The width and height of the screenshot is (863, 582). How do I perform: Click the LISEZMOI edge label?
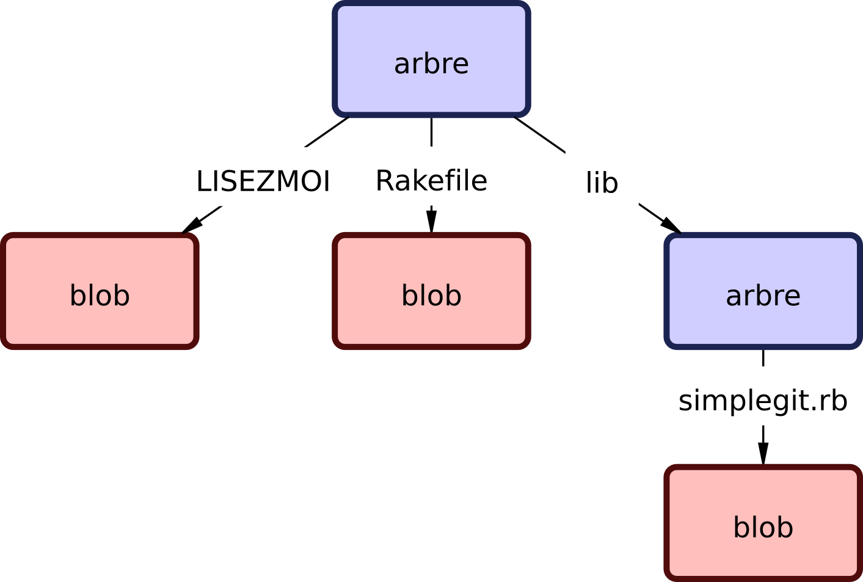[263, 181]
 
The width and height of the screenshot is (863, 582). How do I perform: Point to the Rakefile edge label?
[431, 181]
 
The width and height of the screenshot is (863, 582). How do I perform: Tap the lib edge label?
[602, 183]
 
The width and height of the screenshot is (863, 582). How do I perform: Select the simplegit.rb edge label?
[763, 401]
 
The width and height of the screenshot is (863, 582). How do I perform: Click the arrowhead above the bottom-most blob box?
[763, 454]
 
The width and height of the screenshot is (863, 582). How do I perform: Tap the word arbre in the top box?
[431, 64]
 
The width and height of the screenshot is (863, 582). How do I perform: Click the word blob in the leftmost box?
[100, 296]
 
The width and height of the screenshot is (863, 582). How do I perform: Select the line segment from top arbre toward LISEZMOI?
[327, 133]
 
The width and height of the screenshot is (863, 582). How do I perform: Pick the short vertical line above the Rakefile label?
[431, 132]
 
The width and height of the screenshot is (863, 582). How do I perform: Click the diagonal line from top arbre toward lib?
[540, 134]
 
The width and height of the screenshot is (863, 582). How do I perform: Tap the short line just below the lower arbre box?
[763, 358]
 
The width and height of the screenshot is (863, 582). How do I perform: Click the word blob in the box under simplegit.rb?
[763, 528]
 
